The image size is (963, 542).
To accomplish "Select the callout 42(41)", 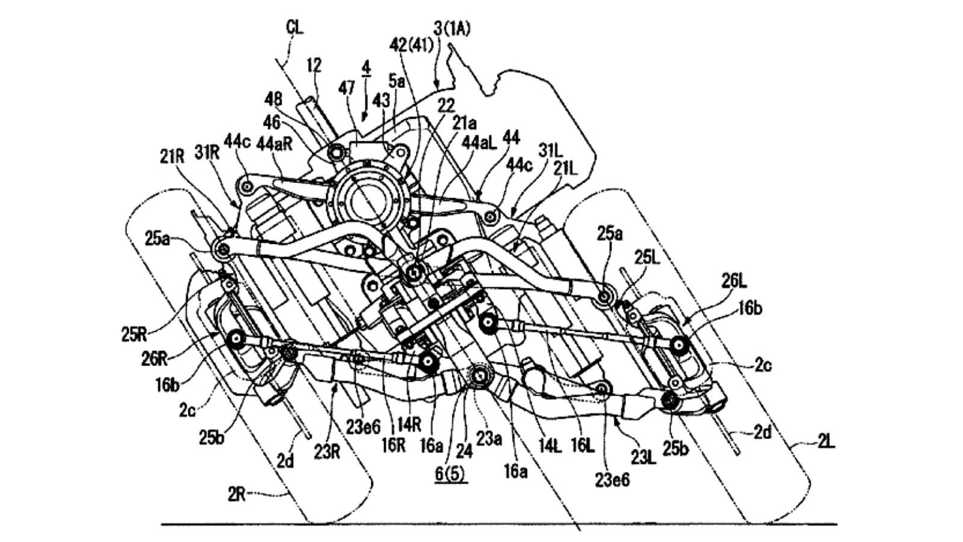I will tap(412, 46).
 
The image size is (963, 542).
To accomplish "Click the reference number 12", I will tap(313, 64).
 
